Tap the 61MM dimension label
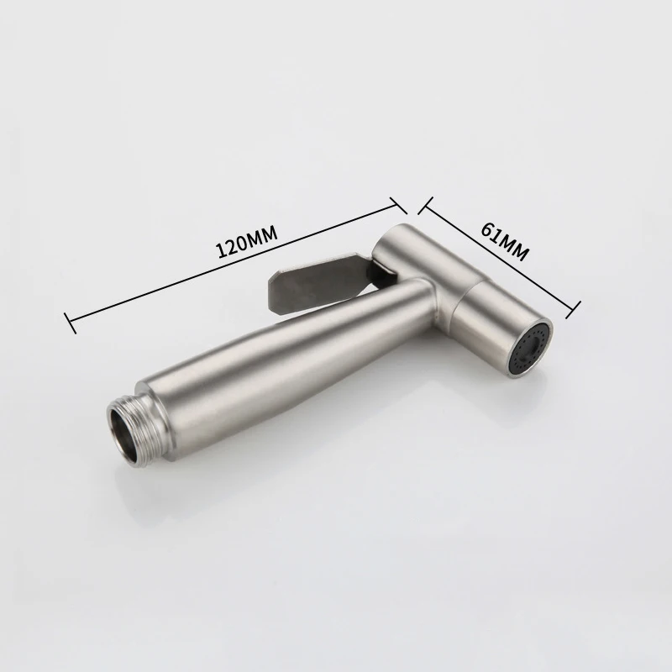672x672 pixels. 505,241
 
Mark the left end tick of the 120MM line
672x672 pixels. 70,323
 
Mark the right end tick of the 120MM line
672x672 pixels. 398,205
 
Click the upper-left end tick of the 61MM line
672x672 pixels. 425,205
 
